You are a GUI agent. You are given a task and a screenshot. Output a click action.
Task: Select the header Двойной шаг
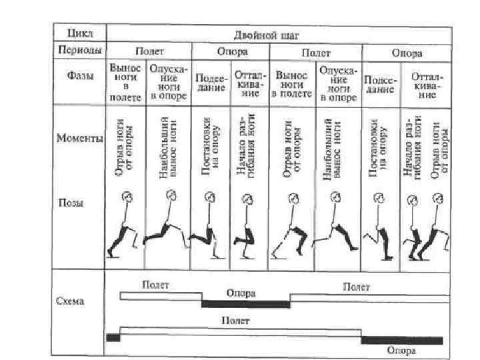tap(275, 33)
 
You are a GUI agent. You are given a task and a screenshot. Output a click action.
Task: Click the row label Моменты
tap(79, 139)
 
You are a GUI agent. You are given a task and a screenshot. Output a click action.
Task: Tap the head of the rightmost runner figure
tap(438, 198)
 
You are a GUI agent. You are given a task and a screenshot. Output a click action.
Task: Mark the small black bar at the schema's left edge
tap(113, 337)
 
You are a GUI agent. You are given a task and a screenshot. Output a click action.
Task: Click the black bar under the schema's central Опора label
tap(245, 304)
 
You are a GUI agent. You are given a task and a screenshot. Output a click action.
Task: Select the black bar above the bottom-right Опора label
tap(401, 340)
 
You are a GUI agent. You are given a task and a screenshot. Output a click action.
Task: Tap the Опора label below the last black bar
tap(401, 351)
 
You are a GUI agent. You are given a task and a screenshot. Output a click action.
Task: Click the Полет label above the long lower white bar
tap(236, 321)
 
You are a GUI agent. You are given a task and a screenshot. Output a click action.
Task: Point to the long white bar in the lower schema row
tap(240, 331)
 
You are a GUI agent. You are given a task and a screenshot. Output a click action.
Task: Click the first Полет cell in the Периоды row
tap(149, 51)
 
